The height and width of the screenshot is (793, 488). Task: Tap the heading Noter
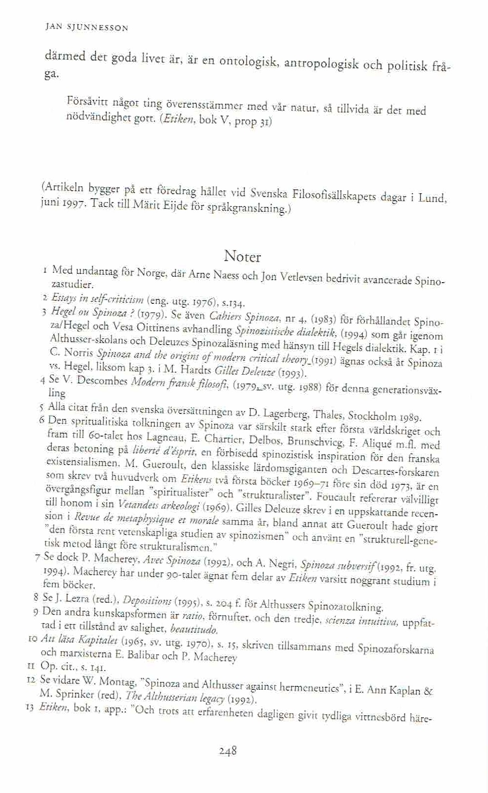coord(242,256)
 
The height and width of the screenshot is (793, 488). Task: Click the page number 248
coord(228,751)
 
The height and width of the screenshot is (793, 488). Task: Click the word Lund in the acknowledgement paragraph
coord(431,198)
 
